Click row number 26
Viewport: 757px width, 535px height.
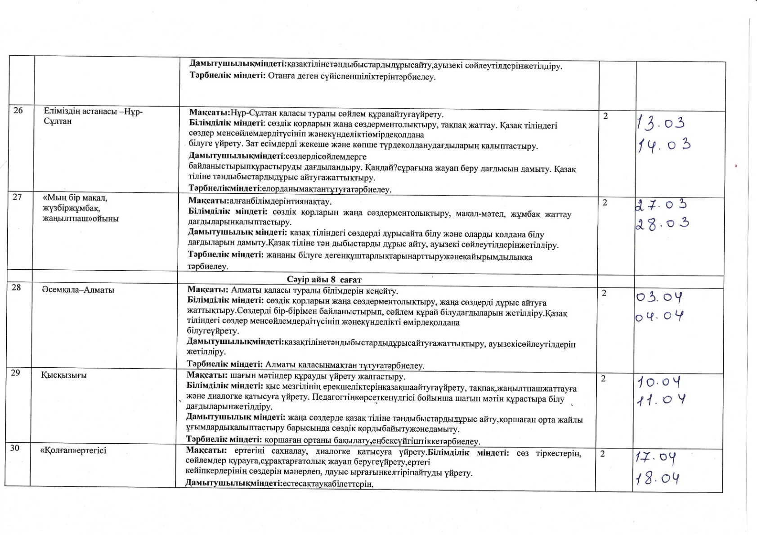18,111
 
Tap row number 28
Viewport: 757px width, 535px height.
16,287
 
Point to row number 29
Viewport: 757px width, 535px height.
15,373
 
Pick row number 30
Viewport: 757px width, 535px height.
15,447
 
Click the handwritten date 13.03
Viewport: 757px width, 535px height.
661,123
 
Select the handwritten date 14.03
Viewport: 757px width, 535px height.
663,145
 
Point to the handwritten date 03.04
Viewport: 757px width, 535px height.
660,298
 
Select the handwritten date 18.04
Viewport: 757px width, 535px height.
658,478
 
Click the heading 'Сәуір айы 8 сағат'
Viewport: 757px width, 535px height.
324,280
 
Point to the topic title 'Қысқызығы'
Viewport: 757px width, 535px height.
64,375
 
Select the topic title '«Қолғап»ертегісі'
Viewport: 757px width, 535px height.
73,450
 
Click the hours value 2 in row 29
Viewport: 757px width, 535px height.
604,379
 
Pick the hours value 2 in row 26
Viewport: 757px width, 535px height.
605,116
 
